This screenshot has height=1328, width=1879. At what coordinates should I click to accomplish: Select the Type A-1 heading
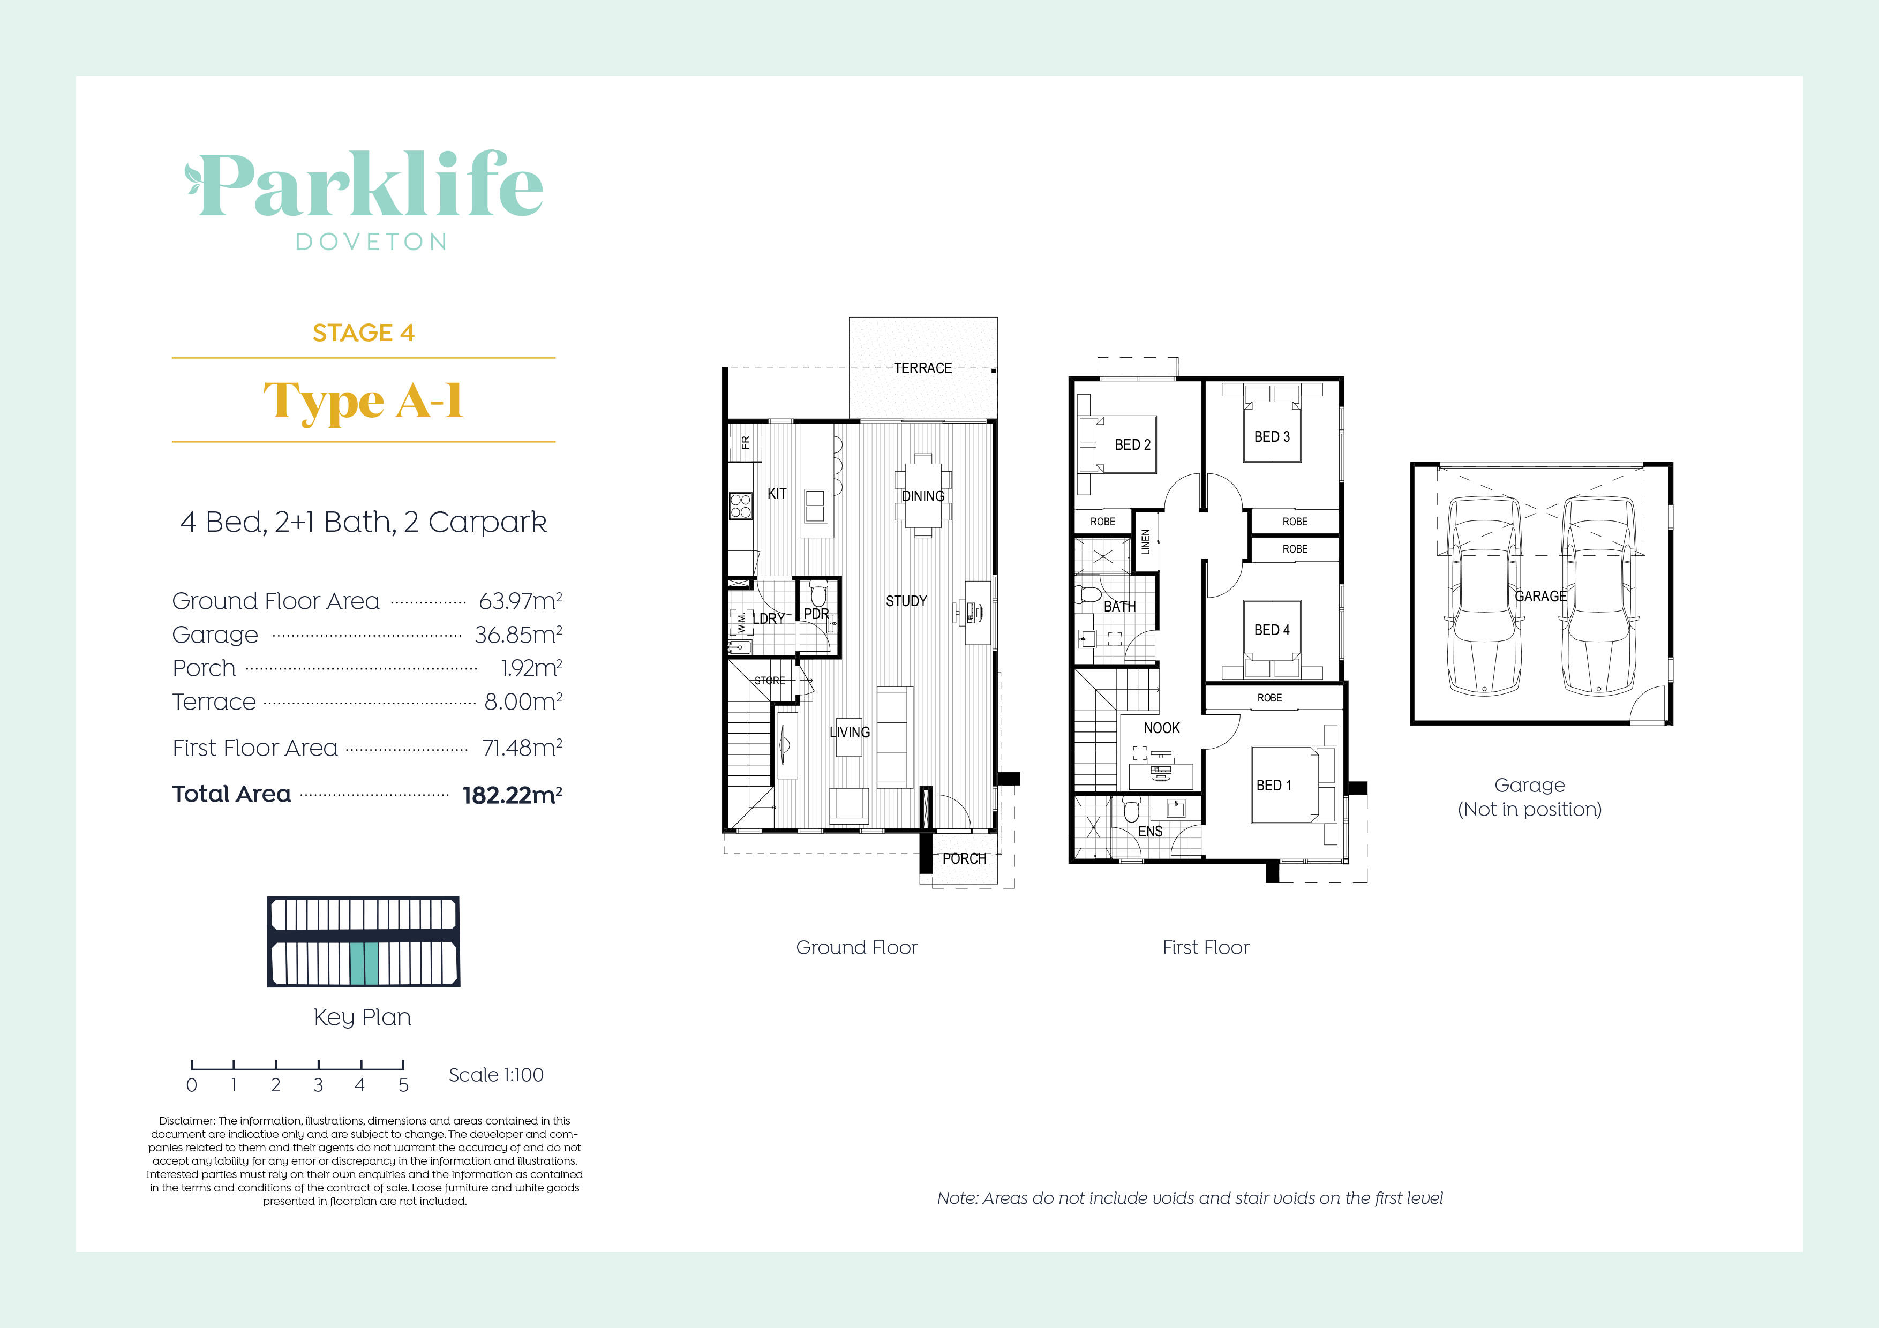pos(363,401)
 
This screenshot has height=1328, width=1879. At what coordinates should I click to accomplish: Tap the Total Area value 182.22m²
pos(512,795)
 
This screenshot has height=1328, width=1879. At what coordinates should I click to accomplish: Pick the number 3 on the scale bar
pos(318,1085)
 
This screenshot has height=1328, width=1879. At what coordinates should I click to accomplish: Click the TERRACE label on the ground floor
pos(922,368)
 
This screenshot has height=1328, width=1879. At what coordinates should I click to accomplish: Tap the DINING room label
pos(923,496)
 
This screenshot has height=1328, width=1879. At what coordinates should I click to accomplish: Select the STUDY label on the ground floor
pos(906,601)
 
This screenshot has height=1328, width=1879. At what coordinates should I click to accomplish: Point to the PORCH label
pos(964,858)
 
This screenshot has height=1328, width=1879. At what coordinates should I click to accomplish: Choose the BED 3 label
pos(1272,437)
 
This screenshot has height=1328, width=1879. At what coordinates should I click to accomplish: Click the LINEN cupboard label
pos(1146,542)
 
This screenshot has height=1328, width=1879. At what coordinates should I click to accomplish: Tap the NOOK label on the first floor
pos(1161,727)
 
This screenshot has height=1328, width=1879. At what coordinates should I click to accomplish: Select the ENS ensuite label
pos(1150,831)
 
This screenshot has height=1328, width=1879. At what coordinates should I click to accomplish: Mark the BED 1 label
pos(1273,784)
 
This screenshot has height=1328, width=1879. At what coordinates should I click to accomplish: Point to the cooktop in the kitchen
pos(741,505)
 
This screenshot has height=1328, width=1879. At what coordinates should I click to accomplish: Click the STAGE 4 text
pos(363,333)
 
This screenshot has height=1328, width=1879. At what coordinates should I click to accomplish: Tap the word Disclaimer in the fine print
pos(186,1120)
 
